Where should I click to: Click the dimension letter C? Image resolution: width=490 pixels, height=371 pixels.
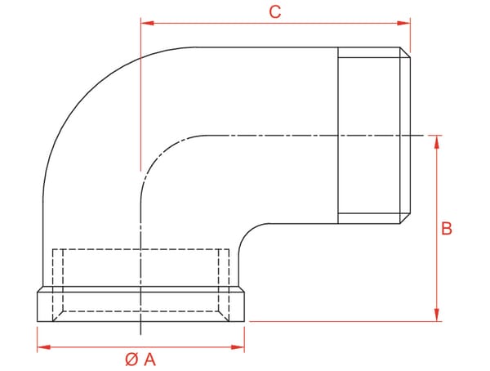[x=275, y=12]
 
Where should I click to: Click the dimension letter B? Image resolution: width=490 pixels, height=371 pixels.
[x=447, y=229]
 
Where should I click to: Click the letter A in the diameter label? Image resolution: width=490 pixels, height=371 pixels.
[x=149, y=360]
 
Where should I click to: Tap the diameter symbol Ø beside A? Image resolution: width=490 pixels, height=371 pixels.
[x=131, y=360]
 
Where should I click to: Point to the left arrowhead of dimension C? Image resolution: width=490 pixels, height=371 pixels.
[x=148, y=23]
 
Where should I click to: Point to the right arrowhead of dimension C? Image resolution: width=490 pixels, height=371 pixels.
[x=403, y=23]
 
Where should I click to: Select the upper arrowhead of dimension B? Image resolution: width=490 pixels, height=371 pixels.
[x=437, y=142]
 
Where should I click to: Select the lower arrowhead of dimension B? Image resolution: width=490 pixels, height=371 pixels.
[x=437, y=315]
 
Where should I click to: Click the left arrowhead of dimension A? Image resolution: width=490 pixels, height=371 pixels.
[x=44, y=347]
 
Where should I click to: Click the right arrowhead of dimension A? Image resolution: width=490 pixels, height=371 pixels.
[x=238, y=347]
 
